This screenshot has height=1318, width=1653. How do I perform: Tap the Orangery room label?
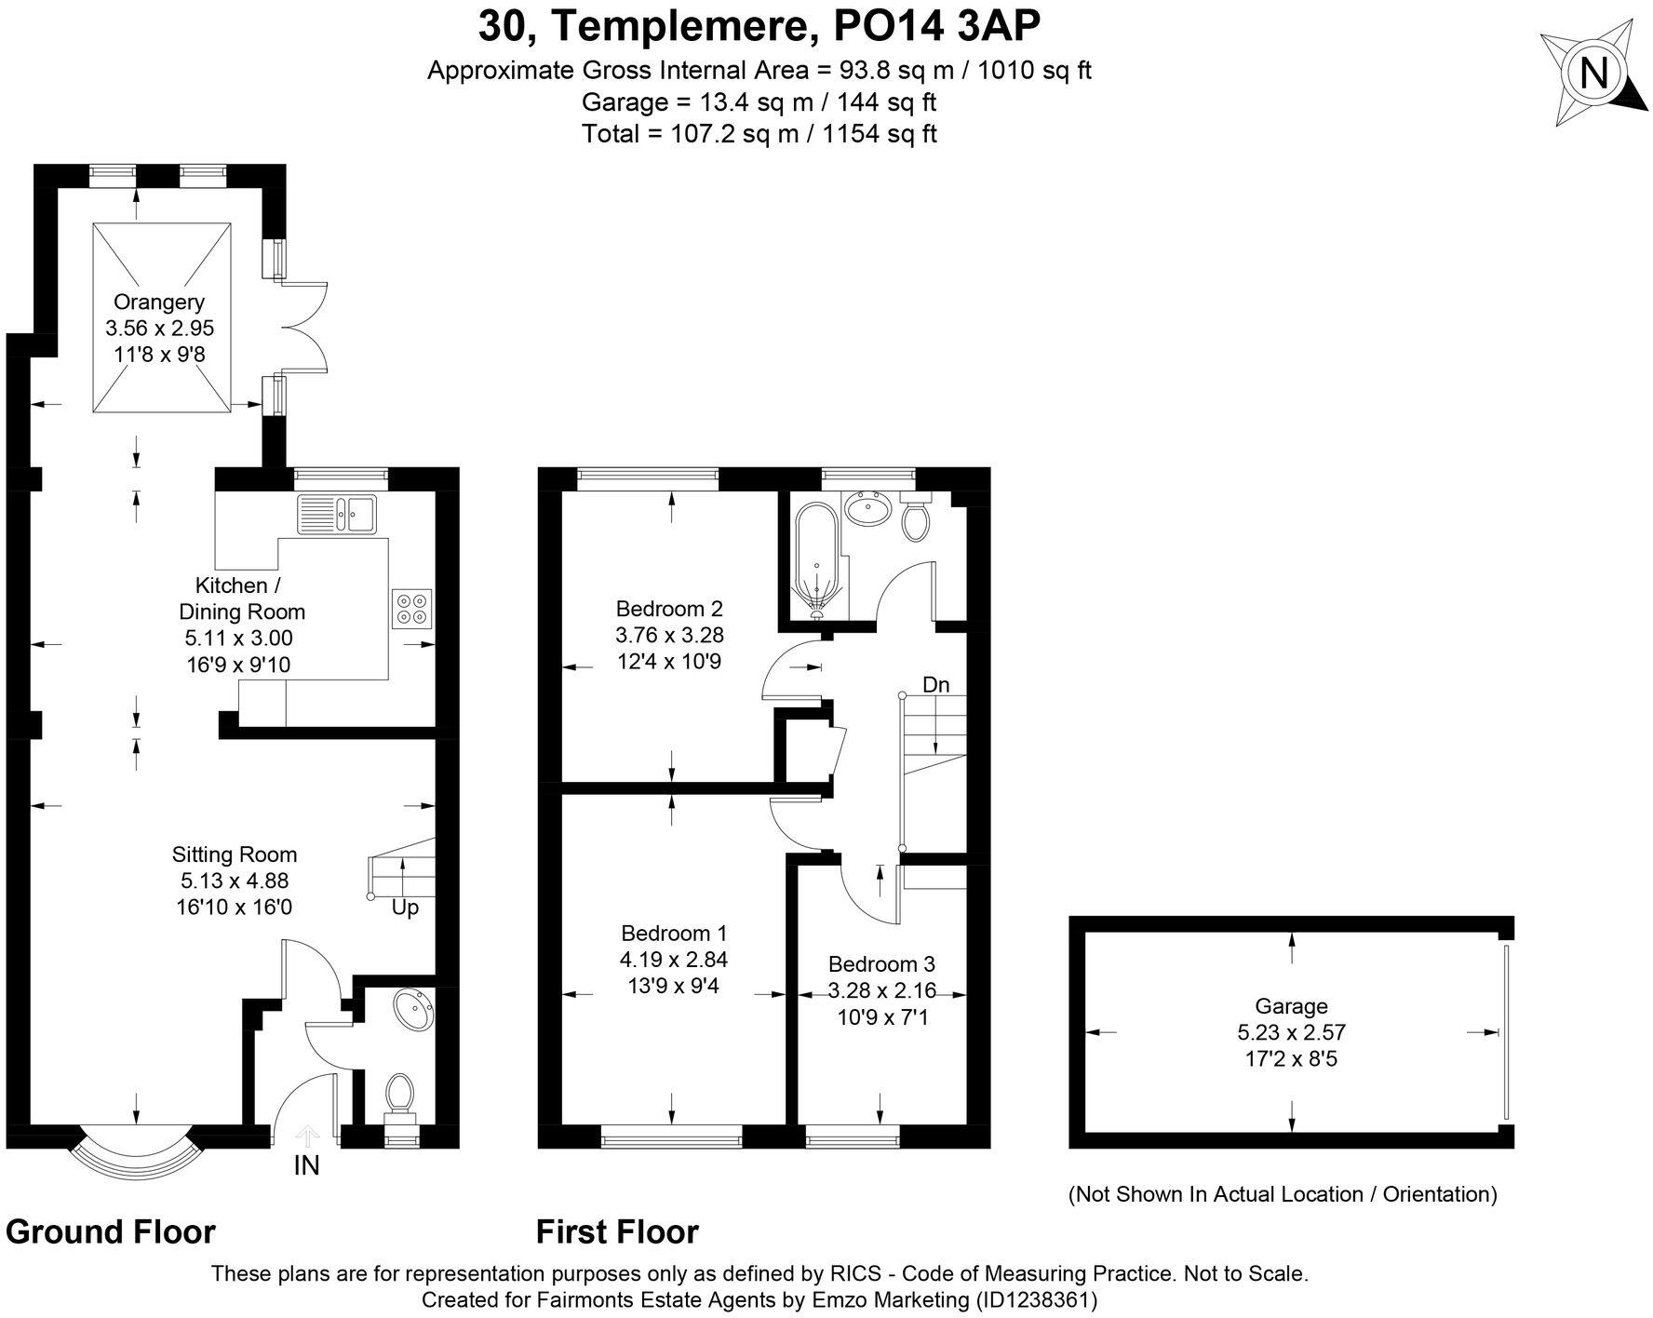tap(159, 302)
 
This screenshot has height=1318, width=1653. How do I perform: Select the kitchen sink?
tap(337, 514)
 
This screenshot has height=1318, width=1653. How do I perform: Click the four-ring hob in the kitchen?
tap(411, 607)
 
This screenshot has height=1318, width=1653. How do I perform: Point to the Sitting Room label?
tap(235, 854)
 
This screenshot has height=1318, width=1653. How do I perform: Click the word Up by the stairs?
tap(405, 907)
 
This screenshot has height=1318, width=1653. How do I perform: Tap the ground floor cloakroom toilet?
tap(400, 1093)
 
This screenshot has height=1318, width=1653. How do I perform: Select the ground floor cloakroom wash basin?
tap(412, 1011)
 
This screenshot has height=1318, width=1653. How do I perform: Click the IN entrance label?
tap(306, 1165)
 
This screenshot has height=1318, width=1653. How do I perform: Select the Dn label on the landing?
tap(935, 685)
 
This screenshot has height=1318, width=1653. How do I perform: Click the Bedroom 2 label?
tap(669, 609)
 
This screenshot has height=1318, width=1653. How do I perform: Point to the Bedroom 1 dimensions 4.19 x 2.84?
tap(674, 959)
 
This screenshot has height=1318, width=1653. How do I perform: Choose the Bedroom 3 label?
tap(881, 964)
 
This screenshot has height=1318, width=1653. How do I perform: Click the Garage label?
tap(1291, 1005)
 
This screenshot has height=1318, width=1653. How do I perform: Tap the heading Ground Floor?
tap(111, 1231)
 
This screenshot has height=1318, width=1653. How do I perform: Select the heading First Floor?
tap(617, 1231)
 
